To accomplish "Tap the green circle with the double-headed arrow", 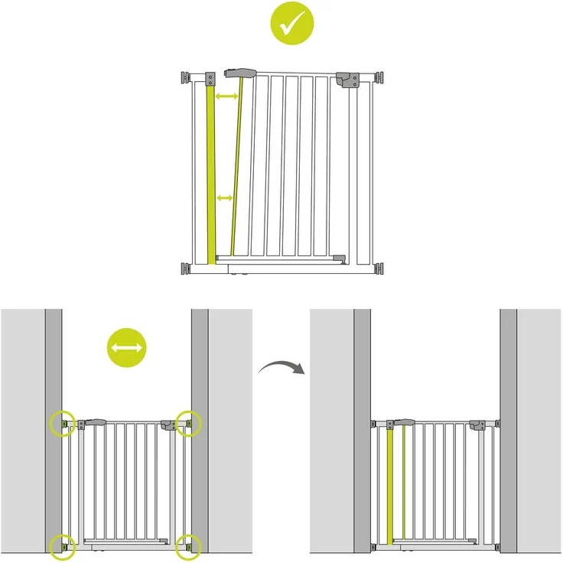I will (x=127, y=349).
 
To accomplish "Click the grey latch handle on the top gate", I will (x=239, y=73).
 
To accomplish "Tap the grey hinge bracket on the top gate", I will (x=348, y=80).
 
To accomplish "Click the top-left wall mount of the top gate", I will (x=186, y=77).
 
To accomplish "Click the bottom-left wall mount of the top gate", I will (x=186, y=268).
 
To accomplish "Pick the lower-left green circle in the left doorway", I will (x=63, y=545).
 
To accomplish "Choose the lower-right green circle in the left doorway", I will (x=188, y=545).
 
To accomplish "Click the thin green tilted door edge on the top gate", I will (x=236, y=168).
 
